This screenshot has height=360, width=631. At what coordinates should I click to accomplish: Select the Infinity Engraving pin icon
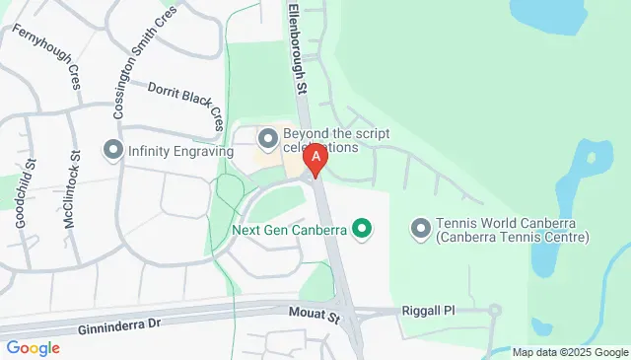[112, 151]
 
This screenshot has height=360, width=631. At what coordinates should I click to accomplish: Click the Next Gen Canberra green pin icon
[362, 231]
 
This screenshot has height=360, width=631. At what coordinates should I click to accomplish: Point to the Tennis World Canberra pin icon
[421, 228]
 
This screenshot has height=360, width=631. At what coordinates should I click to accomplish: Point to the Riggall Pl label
[429, 310]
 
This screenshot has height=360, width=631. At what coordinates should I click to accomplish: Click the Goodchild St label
[26, 193]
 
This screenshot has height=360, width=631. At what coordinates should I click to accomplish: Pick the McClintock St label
[72, 190]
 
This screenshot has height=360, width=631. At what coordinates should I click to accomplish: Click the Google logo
[34, 347]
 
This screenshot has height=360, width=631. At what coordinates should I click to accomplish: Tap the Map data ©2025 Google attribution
[569, 352]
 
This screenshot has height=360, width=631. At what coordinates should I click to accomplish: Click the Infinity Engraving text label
[180, 152]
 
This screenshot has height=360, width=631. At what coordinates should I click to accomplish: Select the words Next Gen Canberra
[288, 231]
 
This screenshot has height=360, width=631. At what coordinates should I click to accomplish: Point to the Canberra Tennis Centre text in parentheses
[514, 238]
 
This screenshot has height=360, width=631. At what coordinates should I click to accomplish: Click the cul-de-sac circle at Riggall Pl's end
[495, 310]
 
